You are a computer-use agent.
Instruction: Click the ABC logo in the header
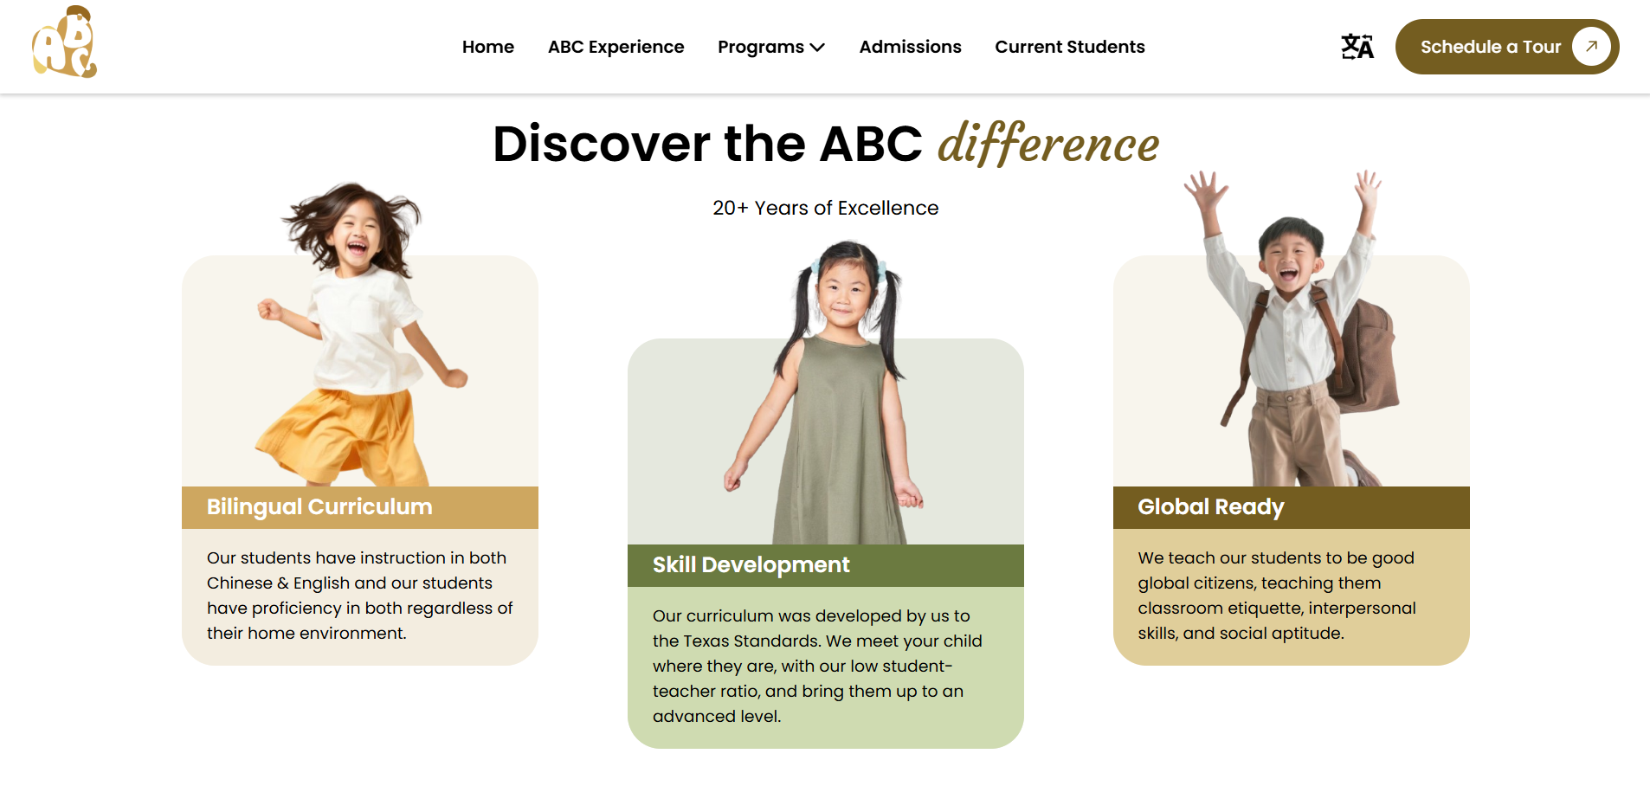(64, 42)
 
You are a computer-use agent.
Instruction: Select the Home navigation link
(488, 47)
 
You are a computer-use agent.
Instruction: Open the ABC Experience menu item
(616, 47)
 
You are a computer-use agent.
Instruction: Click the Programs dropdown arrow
(817, 48)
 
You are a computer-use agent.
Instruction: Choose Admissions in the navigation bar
(910, 47)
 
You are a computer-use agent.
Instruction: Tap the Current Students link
(1069, 47)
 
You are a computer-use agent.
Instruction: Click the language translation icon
(1357, 47)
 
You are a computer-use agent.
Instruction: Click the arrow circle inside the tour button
(1591, 47)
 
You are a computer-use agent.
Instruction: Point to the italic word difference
(1048, 144)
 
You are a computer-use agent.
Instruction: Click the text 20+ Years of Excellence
(826, 208)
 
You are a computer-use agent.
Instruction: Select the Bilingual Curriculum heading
(319, 507)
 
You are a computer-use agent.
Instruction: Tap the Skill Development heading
(751, 565)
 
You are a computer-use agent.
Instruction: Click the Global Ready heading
(1211, 507)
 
